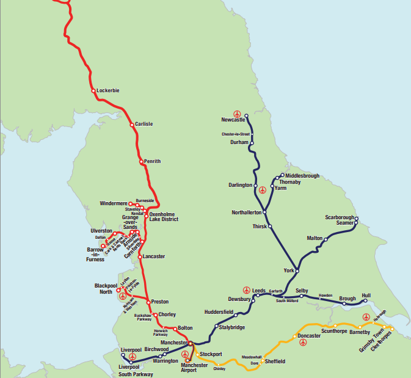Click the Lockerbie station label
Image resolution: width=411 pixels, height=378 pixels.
coord(108,91)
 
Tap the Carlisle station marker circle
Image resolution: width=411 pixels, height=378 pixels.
coord(131,125)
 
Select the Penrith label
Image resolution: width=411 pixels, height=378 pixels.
coord(152,162)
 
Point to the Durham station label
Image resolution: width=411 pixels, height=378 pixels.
coord(238,142)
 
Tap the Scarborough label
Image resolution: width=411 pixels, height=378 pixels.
coord(339,217)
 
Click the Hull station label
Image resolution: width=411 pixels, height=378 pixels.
coord(366,296)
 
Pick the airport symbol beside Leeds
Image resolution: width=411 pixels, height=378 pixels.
coord(246,289)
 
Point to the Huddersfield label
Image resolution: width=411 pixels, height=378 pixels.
coord(219,312)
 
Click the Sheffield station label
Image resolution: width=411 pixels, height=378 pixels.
coord(275,362)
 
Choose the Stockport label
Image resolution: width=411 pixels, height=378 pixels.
coord(211,354)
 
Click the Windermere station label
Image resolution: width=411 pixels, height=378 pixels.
coord(114,203)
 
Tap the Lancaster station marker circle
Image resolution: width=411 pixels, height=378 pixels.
coord(140,256)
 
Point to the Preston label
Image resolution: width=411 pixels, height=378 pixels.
coord(160,302)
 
